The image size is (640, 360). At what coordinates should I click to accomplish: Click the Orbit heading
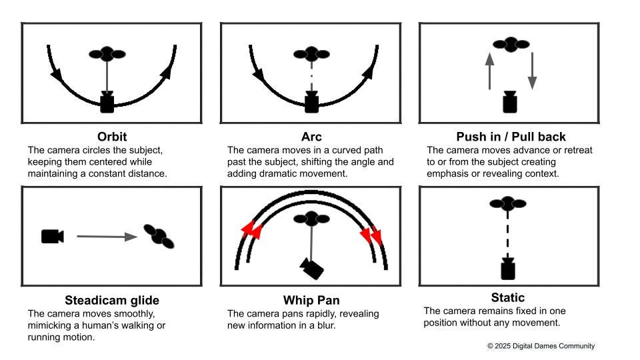[x=112, y=136]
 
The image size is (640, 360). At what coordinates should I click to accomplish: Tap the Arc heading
[x=311, y=136]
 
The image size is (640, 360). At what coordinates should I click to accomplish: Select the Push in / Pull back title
[x=511, y=136]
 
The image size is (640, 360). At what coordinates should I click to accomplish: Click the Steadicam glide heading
[x=112, y=300]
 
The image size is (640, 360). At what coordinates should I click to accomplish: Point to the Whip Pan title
[x=311, y=300]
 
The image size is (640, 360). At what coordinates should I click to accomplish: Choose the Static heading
[x=508, y=297]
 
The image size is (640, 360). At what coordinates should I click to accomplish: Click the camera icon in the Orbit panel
[x=107, y=103]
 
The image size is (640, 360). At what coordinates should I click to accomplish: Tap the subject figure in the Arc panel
[x=311, y=54]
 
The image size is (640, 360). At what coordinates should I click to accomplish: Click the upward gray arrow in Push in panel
[x=489, y=71]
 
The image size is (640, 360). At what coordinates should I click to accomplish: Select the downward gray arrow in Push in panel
[x=532, y=71]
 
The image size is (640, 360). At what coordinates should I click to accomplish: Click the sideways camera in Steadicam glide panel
[x=53, y=236]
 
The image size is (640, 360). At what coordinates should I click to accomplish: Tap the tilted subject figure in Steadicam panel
[x=159, y=236]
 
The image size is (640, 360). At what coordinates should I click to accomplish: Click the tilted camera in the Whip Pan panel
[x=312, y=268]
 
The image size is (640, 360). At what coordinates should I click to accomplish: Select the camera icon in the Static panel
[x=508, y=269]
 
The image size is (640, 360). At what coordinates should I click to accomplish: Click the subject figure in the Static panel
[x=508, y=203]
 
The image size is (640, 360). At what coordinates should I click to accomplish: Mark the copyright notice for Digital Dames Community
[x=541, y=346]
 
